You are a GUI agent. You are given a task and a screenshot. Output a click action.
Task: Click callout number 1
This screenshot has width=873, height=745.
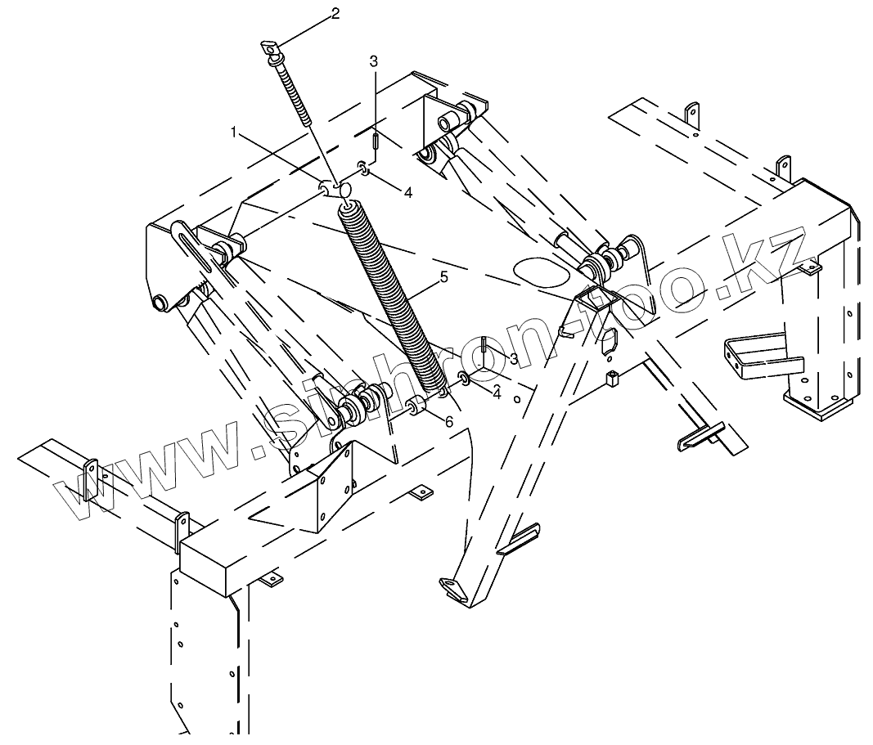click(234, 131)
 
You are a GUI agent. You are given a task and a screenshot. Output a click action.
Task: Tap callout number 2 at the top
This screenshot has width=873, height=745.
click(334, 13)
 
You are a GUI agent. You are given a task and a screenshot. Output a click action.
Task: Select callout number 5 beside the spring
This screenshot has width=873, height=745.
click(443, 277)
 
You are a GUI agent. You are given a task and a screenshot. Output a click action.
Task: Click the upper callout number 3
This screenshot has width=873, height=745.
click(374, 61)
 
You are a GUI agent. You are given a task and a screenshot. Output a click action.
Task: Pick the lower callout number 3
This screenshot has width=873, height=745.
click(513, 358)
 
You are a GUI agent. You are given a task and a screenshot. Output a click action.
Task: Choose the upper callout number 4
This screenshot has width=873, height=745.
click(408, 191)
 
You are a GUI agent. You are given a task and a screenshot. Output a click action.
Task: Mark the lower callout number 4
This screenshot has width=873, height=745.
click(496, 393)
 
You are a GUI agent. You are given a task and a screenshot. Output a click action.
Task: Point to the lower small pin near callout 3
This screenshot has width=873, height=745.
click(485, 346)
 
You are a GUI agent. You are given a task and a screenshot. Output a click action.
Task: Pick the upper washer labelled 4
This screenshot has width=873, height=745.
click(362, 170)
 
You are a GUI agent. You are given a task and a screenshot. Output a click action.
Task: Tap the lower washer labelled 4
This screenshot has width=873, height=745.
click(464, 378)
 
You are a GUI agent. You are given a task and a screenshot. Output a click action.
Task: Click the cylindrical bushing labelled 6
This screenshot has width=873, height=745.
click(415, 406)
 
